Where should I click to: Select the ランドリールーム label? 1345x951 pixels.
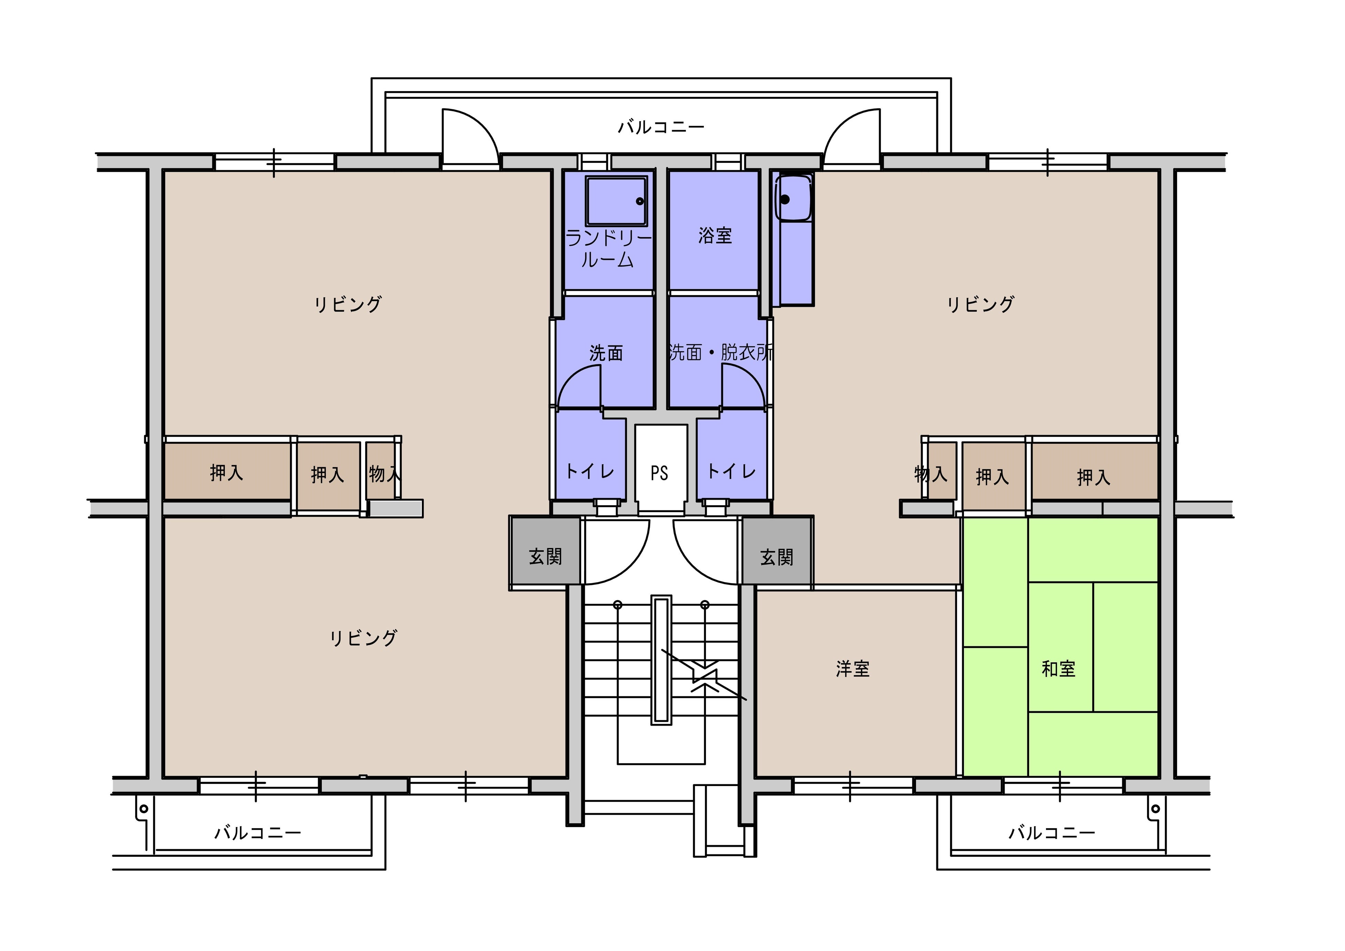(608, 249)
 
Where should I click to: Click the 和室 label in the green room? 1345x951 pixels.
(1058, 669)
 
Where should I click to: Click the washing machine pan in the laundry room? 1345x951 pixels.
(616, 201)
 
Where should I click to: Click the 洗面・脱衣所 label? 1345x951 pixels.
(720, 352)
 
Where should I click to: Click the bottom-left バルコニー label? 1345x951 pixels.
(257, 832)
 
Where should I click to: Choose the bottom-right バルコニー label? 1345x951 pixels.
(1052, 832)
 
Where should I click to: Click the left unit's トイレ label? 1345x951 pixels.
(590, 471)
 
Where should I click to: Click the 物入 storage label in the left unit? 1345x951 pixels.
(385, 473)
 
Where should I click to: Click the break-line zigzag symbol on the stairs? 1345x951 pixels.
(704, 676)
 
